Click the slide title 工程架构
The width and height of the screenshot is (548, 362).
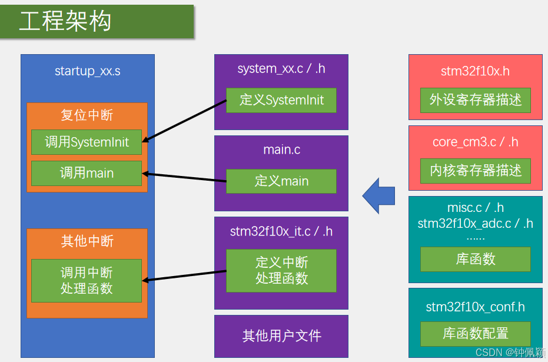point(65,22)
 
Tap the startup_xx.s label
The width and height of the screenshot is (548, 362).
point(87,71)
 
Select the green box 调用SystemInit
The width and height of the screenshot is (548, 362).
point(87,142)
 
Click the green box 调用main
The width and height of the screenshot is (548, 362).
point(87,173)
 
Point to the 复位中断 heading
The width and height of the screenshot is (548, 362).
point(87,115)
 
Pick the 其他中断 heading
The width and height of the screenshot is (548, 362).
point(87,241)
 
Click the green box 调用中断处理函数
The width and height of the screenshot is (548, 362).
point(87,281)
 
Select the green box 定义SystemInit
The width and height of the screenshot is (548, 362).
point(281,100)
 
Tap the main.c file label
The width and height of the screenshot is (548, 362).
point(281,150)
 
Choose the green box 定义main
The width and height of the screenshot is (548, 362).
point(281,181)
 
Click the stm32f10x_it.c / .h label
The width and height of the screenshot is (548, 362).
point(281,231)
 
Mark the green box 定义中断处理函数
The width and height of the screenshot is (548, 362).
point(281,271)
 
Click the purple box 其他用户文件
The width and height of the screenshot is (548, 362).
point(281,336)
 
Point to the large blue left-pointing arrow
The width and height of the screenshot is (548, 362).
point(378,195)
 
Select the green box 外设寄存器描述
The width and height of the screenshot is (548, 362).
point(476,100)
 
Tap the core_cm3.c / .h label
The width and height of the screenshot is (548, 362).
point(476,142)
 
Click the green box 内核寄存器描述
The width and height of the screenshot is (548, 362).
point(476,171)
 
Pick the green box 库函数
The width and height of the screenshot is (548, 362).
point(476,259)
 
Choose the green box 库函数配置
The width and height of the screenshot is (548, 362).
point(476,334)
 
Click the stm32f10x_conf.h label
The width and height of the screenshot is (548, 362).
point(476,307)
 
